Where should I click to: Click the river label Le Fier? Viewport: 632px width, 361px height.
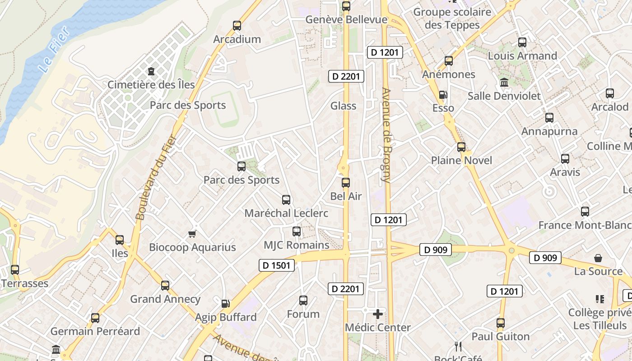54,50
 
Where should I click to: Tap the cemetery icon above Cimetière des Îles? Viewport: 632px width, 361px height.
151,71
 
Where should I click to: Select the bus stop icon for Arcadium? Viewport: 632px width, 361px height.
237,26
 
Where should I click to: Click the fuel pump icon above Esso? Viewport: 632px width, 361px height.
443,95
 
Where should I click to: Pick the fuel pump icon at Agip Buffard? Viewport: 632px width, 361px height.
225,304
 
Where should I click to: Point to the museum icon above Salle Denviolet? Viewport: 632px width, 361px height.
504,83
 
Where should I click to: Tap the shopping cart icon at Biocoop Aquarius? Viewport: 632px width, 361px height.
192,234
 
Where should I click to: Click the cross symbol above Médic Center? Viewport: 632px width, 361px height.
378,314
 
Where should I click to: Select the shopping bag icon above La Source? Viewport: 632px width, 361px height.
598,258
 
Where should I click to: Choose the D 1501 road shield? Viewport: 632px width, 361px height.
277,265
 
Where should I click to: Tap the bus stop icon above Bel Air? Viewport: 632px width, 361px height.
346,183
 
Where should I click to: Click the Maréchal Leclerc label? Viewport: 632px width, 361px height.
286,213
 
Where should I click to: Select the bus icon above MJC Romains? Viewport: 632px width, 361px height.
297,231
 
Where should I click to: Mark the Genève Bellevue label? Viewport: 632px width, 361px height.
346,19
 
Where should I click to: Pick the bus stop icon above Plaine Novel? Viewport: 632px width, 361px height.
461,147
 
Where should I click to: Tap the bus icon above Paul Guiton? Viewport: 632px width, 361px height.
501,323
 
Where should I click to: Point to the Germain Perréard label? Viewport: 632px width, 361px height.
95,331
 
